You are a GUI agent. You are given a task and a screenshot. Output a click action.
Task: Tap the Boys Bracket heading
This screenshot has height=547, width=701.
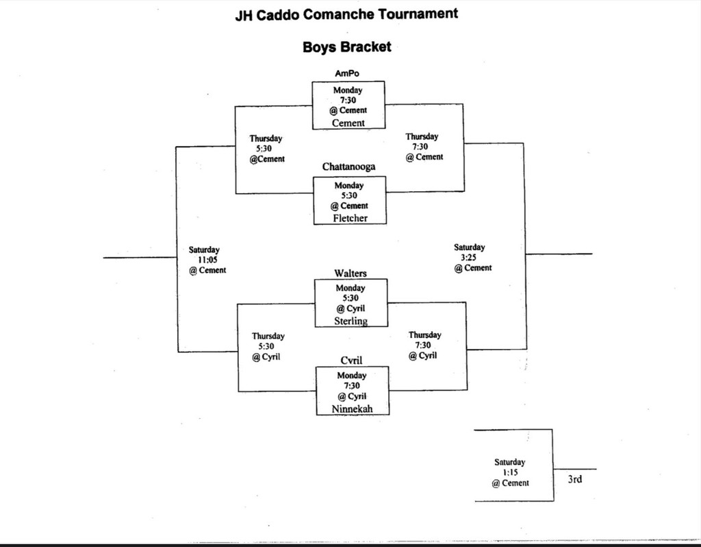pos(347,47)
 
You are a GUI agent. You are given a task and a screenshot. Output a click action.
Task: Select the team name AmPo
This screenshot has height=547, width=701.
pos(347,74)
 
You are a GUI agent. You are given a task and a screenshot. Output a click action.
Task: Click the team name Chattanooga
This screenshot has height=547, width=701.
pos(348,167)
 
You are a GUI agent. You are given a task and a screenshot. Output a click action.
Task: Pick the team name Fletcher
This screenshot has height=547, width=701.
pos(350,218)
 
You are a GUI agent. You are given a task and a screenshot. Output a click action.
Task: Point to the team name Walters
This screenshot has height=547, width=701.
pos(350,273)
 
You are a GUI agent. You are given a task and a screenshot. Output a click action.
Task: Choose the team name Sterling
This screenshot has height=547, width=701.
pos(350,321)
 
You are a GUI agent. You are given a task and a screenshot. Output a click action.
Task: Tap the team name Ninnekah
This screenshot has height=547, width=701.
pos(352,409)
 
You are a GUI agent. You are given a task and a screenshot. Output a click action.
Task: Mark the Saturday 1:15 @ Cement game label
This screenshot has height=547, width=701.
pos(510,472)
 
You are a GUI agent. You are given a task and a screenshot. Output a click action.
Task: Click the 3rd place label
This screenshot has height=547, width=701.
pos(574,479)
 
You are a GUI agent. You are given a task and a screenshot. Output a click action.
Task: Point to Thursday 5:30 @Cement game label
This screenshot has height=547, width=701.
pos(266,148)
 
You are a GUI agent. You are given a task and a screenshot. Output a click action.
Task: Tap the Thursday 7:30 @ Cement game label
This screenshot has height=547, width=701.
pos(423,147)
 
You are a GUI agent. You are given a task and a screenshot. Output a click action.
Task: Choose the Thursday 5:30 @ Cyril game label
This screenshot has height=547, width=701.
pos(268,346)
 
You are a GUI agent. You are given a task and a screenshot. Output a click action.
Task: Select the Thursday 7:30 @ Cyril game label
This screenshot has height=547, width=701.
pos(424,345)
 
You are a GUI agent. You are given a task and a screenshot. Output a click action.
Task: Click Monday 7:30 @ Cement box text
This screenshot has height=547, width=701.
pos(349,100)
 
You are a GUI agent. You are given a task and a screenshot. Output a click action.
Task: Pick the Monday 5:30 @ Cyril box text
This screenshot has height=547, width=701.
pos(350,298)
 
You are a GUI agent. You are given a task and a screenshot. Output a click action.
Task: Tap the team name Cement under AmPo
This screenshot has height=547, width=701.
pos(348,123)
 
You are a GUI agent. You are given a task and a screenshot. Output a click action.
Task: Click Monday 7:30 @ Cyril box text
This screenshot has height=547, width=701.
pos(352,386)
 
